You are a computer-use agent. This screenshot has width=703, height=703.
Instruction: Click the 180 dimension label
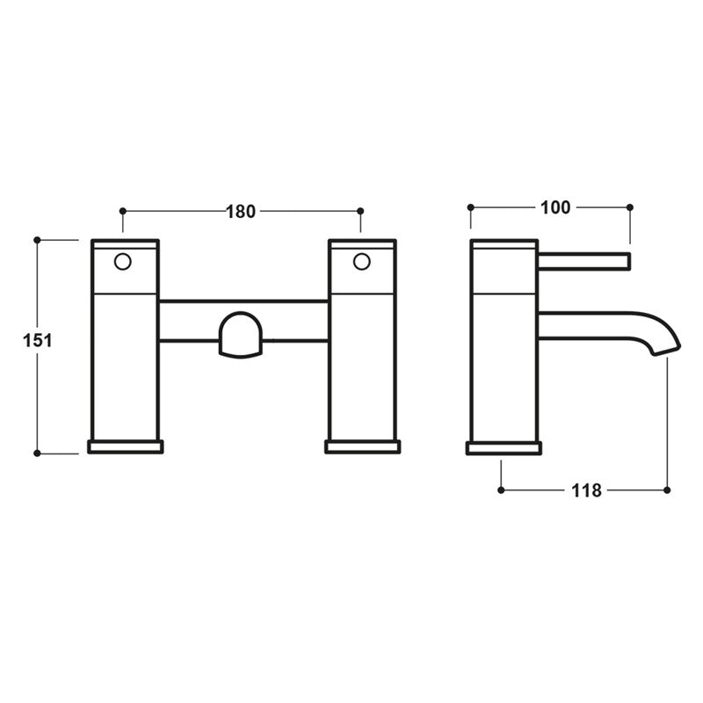(241, 211)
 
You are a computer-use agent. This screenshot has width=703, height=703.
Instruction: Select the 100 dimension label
(555, 207)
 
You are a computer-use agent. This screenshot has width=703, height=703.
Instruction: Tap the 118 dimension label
(585, 490)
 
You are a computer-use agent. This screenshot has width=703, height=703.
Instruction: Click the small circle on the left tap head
(124, 261)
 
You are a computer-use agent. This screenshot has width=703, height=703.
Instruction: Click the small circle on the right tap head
(360, 261)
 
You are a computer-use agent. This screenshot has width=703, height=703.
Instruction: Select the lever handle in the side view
(584, 260)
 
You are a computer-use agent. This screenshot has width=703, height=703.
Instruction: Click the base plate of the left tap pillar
(126, 446)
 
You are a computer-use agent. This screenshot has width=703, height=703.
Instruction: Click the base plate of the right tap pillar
(363, 446)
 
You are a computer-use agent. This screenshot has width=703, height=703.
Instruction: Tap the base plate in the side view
(504, 447)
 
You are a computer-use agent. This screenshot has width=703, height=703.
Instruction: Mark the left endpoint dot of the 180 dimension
(123, 211)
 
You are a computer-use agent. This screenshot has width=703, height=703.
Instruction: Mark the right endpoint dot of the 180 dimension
(360, 211)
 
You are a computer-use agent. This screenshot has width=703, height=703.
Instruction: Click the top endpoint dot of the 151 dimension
(38, 239)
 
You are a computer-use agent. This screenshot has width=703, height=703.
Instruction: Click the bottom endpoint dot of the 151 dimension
(38, 453)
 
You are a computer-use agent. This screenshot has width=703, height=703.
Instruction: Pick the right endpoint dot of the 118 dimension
(667, 490)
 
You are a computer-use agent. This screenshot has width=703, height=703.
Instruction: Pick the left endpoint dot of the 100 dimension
(471, 207)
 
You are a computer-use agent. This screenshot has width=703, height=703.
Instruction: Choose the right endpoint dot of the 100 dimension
(629, 207)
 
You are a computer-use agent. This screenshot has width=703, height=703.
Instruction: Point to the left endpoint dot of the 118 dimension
(501, 490)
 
